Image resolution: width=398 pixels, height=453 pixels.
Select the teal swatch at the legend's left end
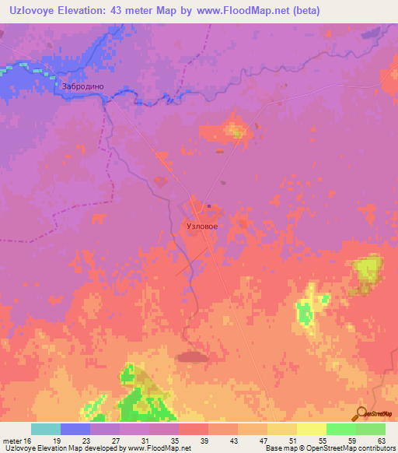(x=46, y=429)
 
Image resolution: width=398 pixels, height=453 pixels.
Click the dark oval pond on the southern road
(x=191, y=356)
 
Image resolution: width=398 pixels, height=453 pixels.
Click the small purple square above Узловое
(x=209, y=206)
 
